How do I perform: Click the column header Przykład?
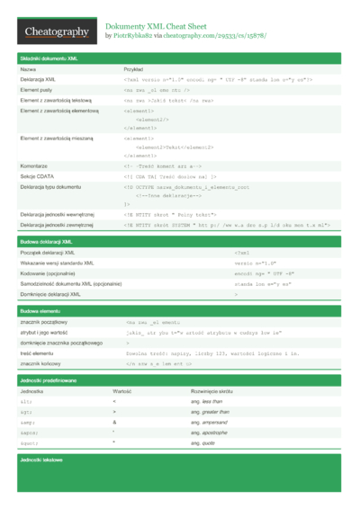pos(133,68)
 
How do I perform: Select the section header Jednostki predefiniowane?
pos(48,381)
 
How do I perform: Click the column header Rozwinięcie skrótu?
pos(211,392)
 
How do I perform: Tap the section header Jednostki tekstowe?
pos(40,460)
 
